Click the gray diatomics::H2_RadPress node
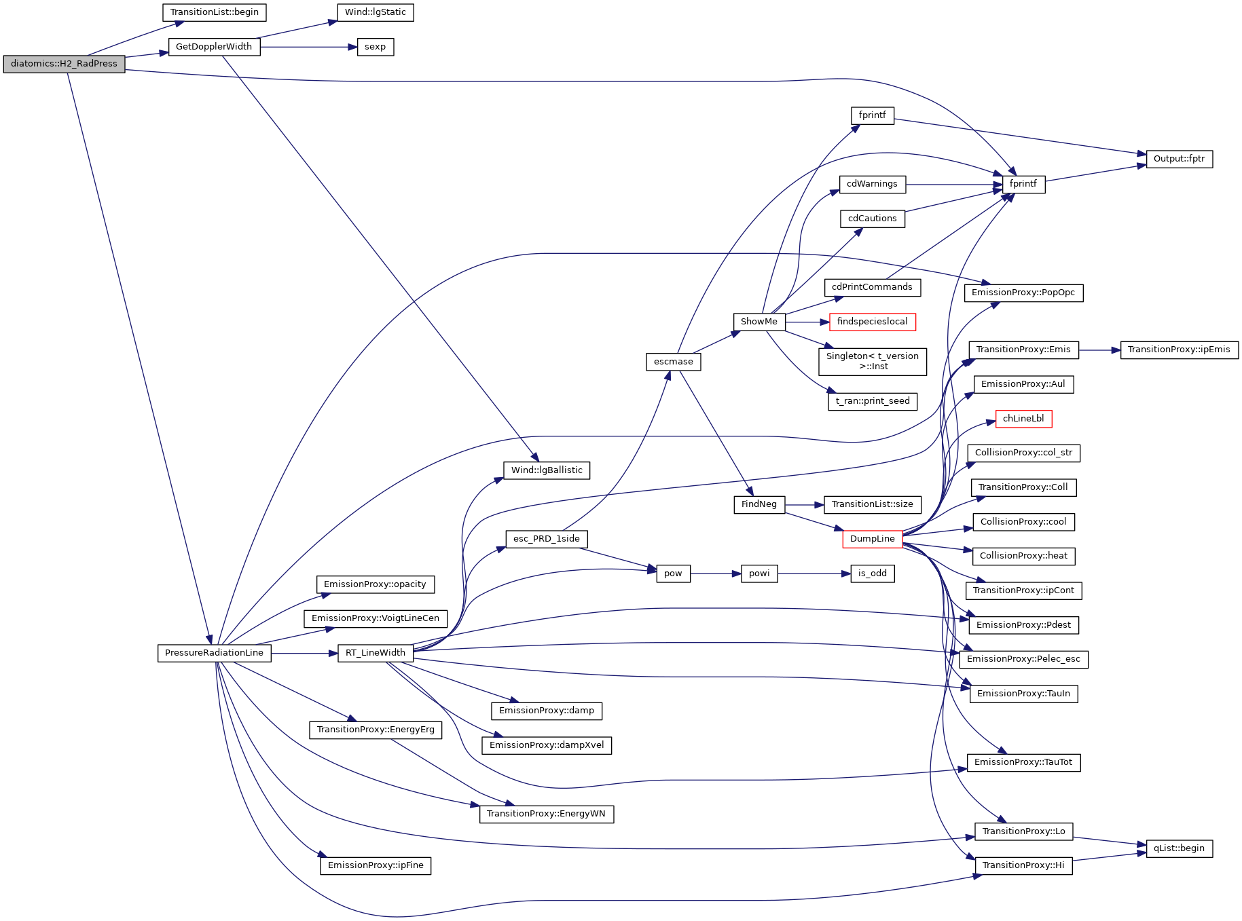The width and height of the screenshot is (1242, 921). (x=64, y=64)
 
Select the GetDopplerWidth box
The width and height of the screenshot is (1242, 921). (x=214, y=47)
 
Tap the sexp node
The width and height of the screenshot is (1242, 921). (x=375, y=47)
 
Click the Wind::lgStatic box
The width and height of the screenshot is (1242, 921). (x=375, y=12)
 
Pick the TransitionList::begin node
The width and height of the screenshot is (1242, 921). (x=214, y=12)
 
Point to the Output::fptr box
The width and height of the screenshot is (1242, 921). (x=1179, y=159)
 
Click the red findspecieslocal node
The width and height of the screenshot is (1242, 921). (x=872, y=322)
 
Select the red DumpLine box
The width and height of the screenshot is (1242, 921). (x=872, y=539)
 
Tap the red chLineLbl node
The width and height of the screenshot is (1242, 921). (x=1023, y=419)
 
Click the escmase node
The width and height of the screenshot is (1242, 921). (x=673, y=362)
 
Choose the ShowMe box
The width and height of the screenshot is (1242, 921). (x=759, y=322)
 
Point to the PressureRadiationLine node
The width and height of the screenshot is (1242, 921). (x=214, y=653)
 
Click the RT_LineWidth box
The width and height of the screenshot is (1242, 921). (x=375, y=653)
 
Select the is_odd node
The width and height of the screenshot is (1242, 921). (x=872, y=574)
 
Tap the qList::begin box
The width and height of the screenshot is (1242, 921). (x=1179, y=848)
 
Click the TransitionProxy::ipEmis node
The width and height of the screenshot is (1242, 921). (x=1179, y=350)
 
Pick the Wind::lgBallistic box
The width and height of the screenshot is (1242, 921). (x=546, y=470)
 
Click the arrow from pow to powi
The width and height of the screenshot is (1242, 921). (x=715, y=574)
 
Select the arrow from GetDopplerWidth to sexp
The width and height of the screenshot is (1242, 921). (x=308, y=47)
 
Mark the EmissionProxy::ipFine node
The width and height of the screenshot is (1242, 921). (x=375, y=865)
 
